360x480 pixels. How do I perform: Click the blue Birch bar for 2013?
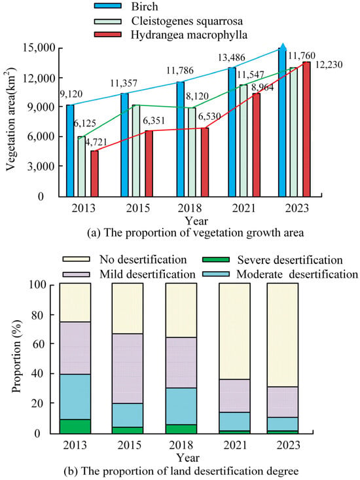pos(70,151)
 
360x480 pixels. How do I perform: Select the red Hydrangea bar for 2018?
pos(205,162)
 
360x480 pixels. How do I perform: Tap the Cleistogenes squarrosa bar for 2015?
pos(135,151)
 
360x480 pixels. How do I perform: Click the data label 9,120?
pos(71,94)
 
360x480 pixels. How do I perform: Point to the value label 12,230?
pos(329,65)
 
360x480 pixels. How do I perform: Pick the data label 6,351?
pos(154,120)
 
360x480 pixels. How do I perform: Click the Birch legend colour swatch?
pos(107,6)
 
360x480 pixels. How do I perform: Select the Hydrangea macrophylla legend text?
pos(189,35)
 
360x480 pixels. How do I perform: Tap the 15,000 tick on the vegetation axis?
pos(39,48)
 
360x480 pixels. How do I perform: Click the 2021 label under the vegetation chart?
pos(243,208)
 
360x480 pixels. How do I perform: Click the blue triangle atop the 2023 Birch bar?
pos(283,47)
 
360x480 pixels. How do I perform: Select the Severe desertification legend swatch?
pos(215,259)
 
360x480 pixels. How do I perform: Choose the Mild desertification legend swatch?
pos(76,274)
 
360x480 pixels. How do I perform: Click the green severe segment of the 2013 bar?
pos(75,426)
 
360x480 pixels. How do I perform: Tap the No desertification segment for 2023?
pos(283,335)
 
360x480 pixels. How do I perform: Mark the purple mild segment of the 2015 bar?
pos(127,369)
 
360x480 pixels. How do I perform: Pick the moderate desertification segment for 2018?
pos(181,406)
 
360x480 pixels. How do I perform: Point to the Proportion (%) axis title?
pos(17,356)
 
